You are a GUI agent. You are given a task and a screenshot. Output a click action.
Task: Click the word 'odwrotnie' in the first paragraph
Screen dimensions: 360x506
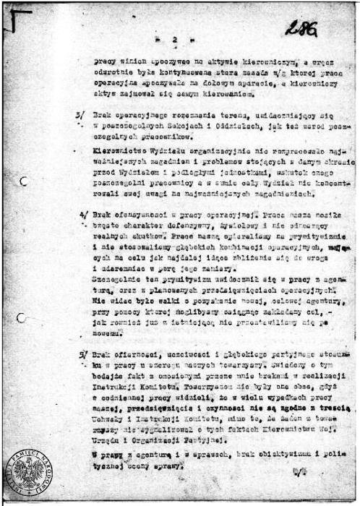click(x=112, y=72)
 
